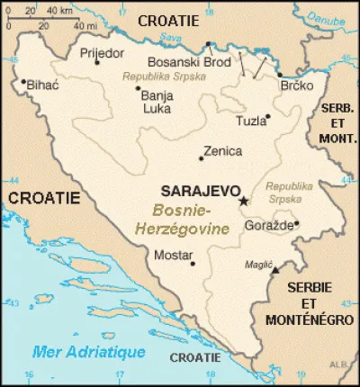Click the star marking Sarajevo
[x=242, y=201]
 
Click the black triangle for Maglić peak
[x=276, y=269]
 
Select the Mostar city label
[x=173, y=256]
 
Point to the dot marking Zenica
[x=202, y=160]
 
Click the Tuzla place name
[x=250, y=121]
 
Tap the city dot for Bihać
[x=23, y=81]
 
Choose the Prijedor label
[x=102, y=53]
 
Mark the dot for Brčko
[x=279, y=76]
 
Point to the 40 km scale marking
[x=60, y=11]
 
